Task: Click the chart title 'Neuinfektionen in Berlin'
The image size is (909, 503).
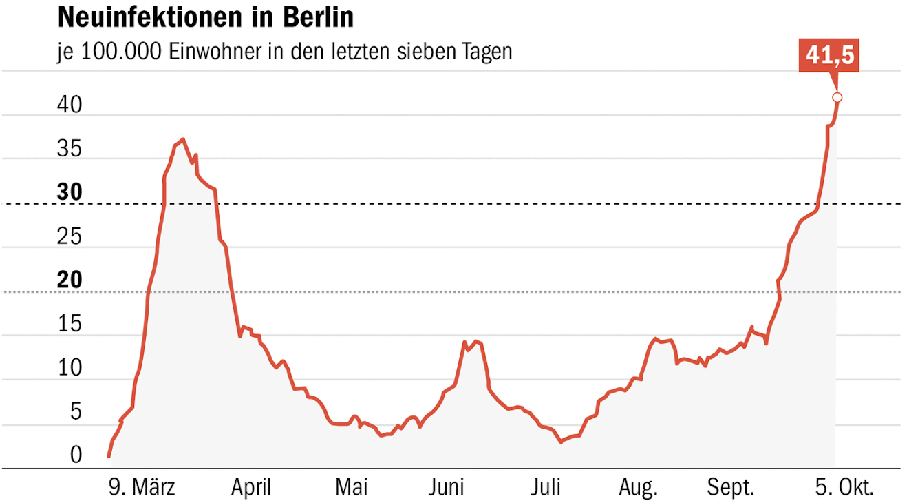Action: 205,17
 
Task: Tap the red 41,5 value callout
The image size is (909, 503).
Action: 831,56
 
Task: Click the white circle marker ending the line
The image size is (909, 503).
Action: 837,97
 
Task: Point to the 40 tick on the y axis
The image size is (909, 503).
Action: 69,105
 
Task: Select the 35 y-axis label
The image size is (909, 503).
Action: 69,150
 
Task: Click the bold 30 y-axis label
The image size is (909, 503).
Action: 69,193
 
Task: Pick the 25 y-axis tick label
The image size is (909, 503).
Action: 69,237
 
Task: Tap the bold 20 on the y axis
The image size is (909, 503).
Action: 69,280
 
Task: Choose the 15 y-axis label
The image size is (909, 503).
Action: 69,325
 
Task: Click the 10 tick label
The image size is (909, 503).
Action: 69,369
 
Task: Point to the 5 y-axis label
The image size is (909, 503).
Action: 76,412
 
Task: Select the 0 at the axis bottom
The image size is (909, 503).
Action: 76,455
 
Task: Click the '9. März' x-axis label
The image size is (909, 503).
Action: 142,488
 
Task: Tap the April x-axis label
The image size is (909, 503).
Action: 251,488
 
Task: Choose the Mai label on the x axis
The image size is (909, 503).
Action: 352,488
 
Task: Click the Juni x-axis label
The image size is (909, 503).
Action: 447,488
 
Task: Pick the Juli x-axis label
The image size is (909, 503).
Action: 545,488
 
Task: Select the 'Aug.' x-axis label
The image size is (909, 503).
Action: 638,488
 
